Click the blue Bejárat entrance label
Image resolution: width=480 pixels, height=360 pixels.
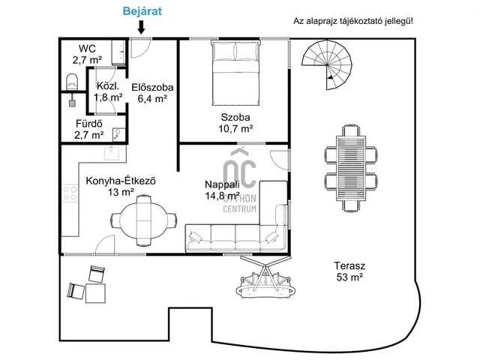142,11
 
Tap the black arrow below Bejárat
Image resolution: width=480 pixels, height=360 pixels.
141,27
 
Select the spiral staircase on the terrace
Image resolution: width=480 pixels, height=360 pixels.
327,64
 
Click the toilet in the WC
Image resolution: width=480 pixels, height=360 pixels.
72,82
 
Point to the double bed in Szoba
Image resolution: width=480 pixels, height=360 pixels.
235,72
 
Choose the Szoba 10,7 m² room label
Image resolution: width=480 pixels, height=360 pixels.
235,123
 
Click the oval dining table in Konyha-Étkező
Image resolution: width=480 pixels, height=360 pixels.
143,220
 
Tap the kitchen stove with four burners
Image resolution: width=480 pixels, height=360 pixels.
70,193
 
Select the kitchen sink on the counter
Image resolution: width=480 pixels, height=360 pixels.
112,153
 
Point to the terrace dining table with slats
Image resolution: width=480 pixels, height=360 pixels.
351,168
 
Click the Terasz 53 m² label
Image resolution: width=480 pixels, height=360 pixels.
349,271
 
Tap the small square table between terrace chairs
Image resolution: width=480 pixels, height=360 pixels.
95,293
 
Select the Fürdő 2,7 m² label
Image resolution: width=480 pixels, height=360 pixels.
88,129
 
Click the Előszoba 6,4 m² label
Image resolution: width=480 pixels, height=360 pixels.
152,93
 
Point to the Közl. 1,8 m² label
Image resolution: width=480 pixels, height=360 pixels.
108,91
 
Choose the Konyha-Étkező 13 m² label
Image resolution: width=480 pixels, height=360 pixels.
121,187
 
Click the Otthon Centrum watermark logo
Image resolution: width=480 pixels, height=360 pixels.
240,181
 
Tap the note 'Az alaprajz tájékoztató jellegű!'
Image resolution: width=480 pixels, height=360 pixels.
353,21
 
